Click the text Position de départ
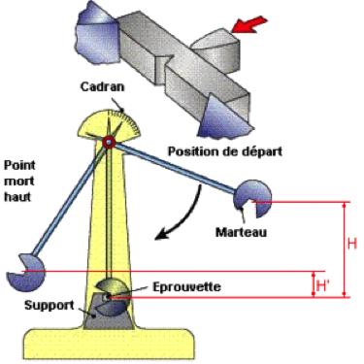pyautogui.click(x=213, y=151)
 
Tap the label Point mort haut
pyautogui.click(x=20, y=181)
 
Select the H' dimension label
pyautogui.click(x=325, y=284)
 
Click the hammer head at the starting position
pyautogui.click(x=247, y=200)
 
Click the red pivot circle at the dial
pyautogui.click(x=109, y=144)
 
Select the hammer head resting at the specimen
pyautogui.click(x=114, y=291)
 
